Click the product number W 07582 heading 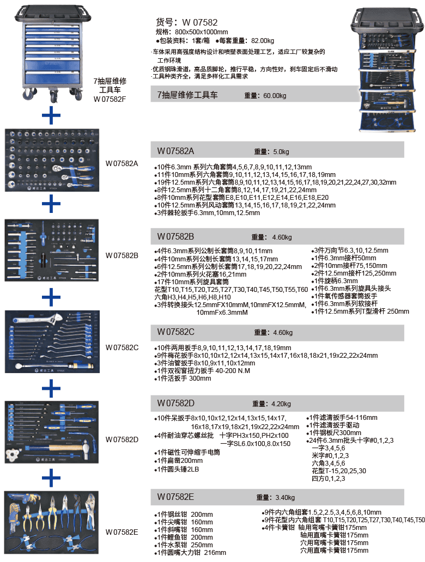tap(187, 22)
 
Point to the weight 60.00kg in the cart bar tap(274, 95)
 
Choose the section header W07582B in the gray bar tap(175, 236)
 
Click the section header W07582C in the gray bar tap(175, 332)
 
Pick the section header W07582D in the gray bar tap(175, 403)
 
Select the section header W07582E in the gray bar tap(175, 497)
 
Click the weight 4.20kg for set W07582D tap(282, 404)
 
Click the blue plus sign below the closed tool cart tap(51, 115)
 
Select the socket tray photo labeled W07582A tap(51, 160)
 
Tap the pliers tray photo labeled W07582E tap(51, 523)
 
